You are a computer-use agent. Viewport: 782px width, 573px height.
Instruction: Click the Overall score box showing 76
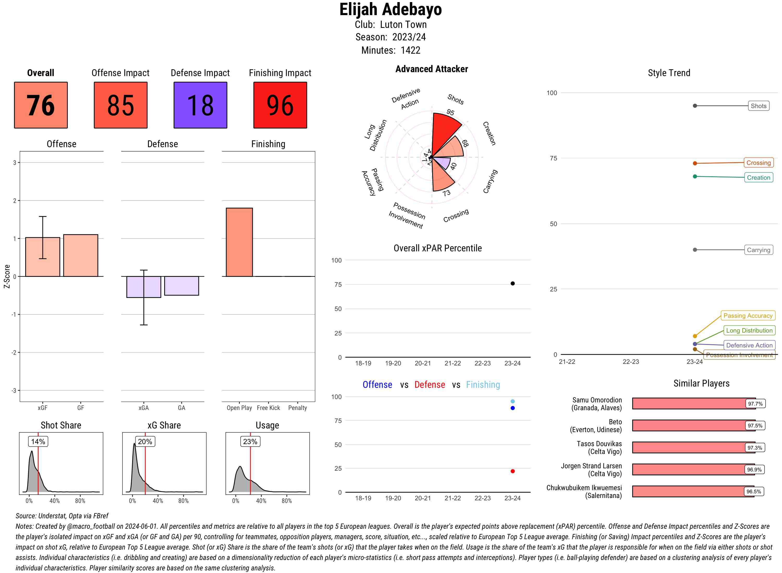click(41, 105)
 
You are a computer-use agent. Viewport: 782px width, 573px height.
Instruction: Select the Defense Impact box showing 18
click(200, 105)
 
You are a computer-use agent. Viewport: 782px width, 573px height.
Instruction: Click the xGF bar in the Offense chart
click(43, 257)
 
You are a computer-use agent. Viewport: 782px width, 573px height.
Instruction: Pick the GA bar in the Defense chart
click(181, 286)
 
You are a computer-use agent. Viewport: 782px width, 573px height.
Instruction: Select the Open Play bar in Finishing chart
click(239, 242)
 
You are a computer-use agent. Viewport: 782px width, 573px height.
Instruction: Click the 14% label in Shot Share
click(38, 441)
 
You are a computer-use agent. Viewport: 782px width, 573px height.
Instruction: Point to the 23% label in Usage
click(250, 441)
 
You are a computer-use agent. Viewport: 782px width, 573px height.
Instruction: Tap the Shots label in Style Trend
click(758, 106)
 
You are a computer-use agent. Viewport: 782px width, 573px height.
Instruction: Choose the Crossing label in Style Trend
click(758, 163)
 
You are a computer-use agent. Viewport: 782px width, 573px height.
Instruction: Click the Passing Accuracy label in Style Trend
click(748, 316)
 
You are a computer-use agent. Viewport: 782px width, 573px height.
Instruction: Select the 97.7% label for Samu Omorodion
click(755, 404)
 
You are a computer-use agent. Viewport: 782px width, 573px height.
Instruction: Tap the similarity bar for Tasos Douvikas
click(689, 447)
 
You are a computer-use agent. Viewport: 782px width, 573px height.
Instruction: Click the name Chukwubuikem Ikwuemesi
click(584, 488)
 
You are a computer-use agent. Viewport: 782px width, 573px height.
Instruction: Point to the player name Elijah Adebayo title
click(390, 9)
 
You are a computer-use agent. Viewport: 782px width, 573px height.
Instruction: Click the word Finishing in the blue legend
click(483, 385)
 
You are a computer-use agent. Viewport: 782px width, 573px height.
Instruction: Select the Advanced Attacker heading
click(431, 69)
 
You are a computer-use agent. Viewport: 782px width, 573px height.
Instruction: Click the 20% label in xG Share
click(145, 441)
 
